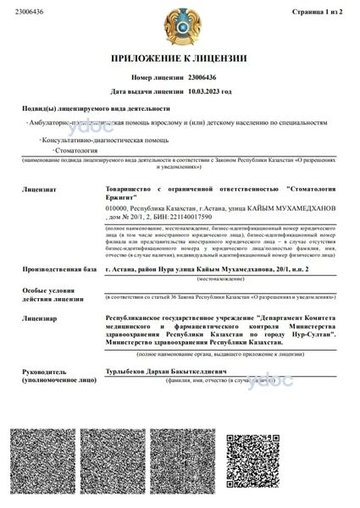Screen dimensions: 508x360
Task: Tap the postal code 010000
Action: [119, 207]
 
